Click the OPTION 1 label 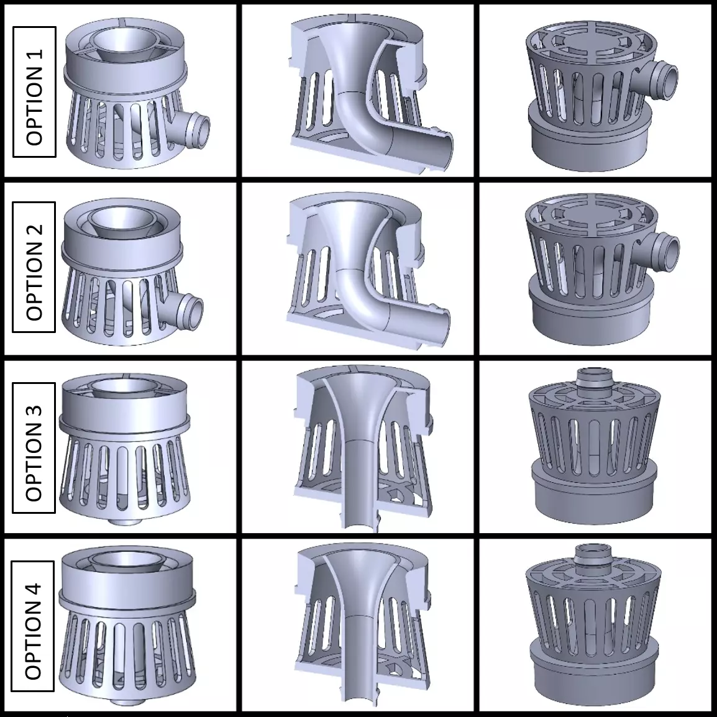coord(35,91)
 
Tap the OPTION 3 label coord(35,446)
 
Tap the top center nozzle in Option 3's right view coord(593,379)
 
